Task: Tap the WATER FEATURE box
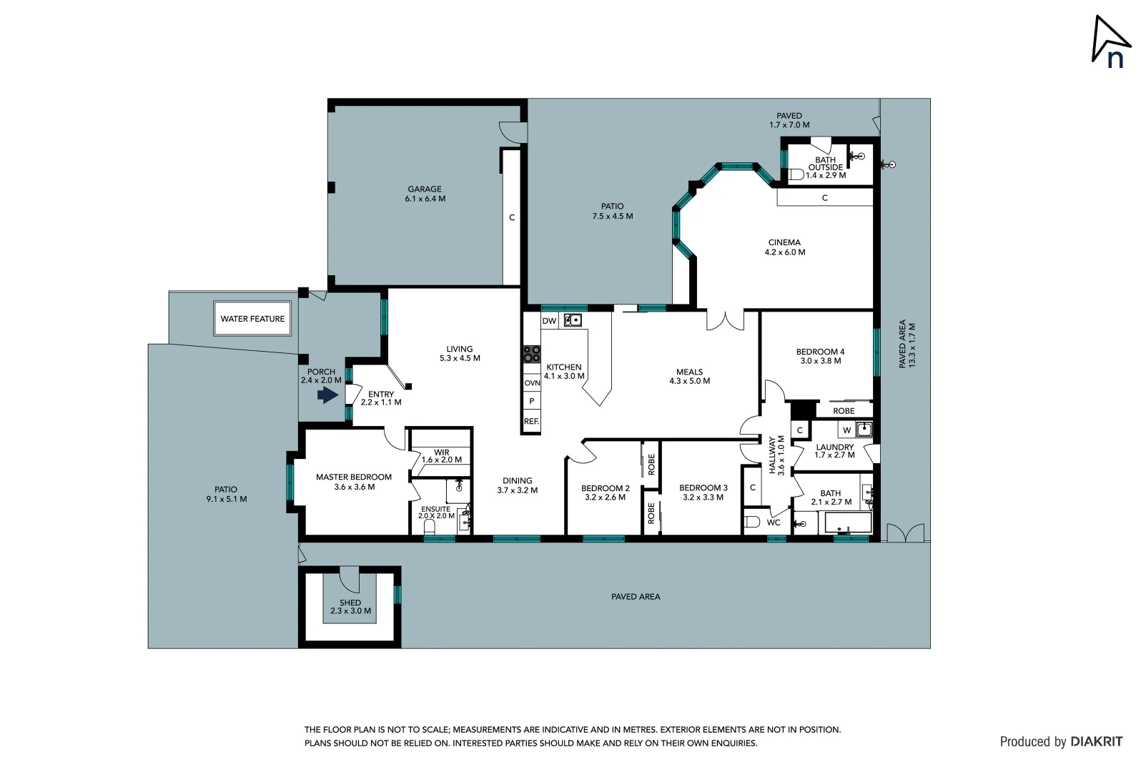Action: coord(252,319)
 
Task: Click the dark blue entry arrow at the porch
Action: coord(328,395)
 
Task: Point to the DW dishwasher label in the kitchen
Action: coord(549,321)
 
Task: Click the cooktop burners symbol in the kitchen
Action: coord(531,354)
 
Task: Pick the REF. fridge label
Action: coord(531,422)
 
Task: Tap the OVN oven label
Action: coord(532,383)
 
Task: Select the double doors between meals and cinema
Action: coord(725,320)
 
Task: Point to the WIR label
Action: coord(441,452)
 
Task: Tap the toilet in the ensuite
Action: coord(430,528)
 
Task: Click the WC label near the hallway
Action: coord(774,523)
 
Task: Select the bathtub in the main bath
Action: coord(848,523)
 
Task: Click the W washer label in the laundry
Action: coord(846,430)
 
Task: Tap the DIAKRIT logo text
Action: coord(1096,741)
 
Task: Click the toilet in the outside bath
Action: coord(796,174)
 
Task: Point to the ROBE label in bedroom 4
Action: coord(844,411)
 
